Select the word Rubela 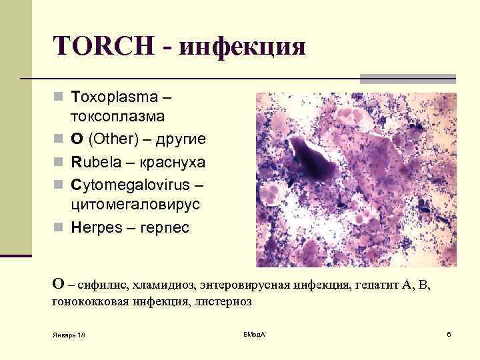[95, 162]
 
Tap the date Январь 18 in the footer [69, 334]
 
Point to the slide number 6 [449, 333]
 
